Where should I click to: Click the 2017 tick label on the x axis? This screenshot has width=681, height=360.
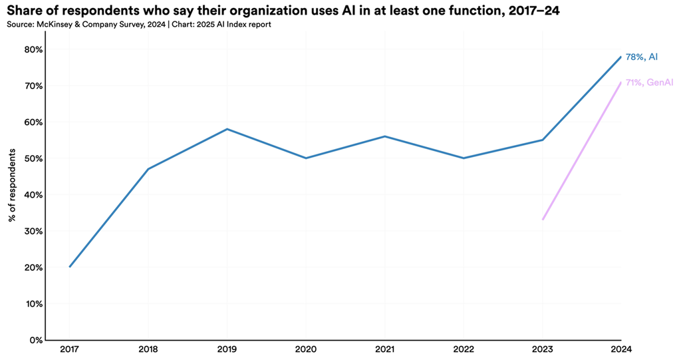(x=69, y=349)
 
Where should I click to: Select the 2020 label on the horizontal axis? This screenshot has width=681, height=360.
(x=305, y=349)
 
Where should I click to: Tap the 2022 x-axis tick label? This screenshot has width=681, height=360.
(x=464, y=349)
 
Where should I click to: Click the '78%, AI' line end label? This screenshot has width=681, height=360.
(x=642, y=57)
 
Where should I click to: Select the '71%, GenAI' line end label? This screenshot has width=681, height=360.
(x=649, y=83)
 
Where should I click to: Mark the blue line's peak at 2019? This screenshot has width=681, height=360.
(x=227, y=129)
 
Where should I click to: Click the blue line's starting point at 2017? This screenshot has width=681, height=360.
(x=69, y=267)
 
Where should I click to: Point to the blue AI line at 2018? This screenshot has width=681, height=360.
(x=148, y=169)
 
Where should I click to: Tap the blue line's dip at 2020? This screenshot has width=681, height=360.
(x=305, y=158)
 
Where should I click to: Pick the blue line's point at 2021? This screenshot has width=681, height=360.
(x=384, y=136)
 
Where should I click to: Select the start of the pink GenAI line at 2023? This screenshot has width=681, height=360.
(x=543, y=220)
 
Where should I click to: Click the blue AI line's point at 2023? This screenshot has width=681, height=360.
(x=543, y=140)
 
